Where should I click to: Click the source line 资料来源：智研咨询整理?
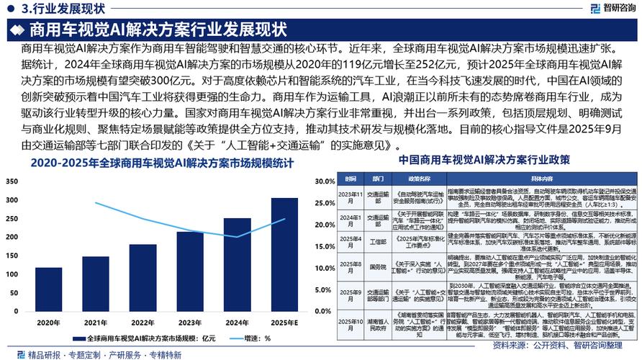pos(591,345)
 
